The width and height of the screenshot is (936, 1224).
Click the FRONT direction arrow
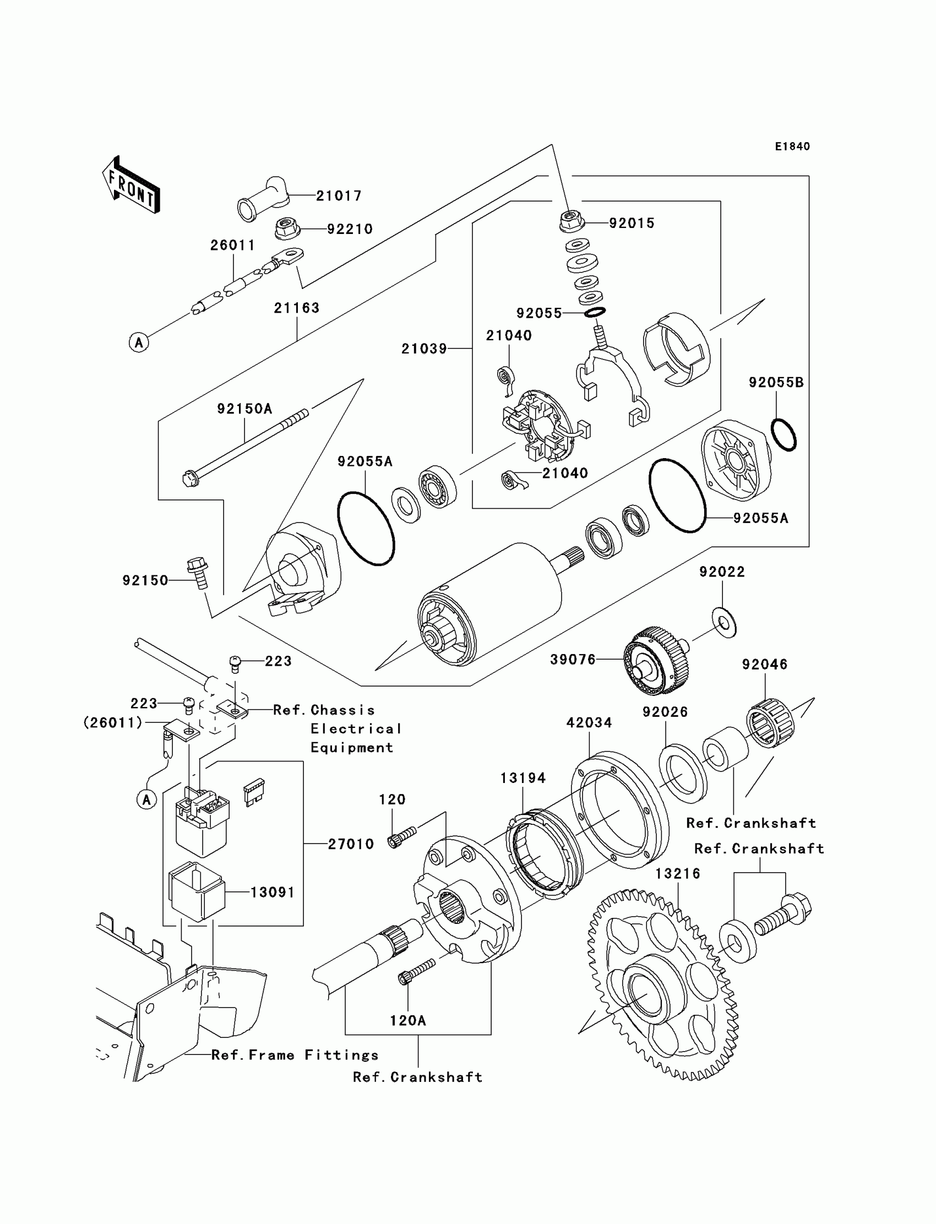click(131, 184)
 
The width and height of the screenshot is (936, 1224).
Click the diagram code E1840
click(792, 146)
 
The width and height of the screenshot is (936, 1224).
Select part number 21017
click(339, 195)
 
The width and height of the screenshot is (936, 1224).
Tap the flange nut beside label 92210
click(290, 228)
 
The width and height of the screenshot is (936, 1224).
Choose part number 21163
click(296, 308)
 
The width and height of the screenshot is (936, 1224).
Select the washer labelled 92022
click(723, 622)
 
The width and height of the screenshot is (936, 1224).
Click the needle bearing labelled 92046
click(770, 722)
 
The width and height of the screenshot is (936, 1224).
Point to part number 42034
click(589, 722)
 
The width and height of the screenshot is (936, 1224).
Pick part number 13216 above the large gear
click(677, 874)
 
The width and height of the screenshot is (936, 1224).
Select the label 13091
click(273, 892)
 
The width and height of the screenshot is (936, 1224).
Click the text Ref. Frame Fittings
click(295, 1054)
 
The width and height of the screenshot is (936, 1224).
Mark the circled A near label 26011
click(139, 341)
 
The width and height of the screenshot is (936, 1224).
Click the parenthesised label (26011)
click(113, 722)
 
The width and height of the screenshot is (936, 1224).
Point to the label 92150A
click(244, 409)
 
